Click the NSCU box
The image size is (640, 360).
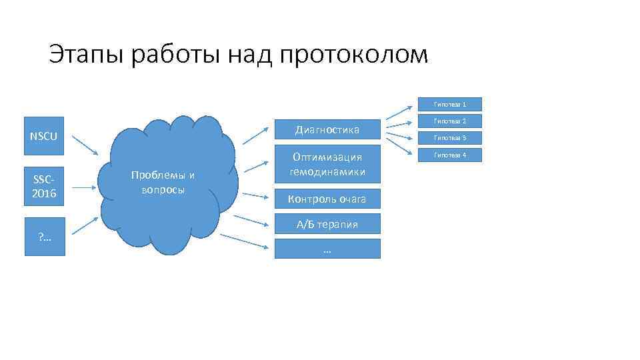43,137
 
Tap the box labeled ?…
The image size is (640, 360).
43,237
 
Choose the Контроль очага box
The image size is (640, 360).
327,199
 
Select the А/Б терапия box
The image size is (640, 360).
327,224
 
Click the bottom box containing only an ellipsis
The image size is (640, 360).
327,249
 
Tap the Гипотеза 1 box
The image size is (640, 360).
449,105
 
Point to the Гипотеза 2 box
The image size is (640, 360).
449,121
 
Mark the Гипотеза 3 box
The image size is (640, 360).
449,138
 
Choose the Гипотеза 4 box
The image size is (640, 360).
449,155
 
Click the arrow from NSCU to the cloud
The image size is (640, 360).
84,146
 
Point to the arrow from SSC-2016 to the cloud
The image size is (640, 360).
84,188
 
